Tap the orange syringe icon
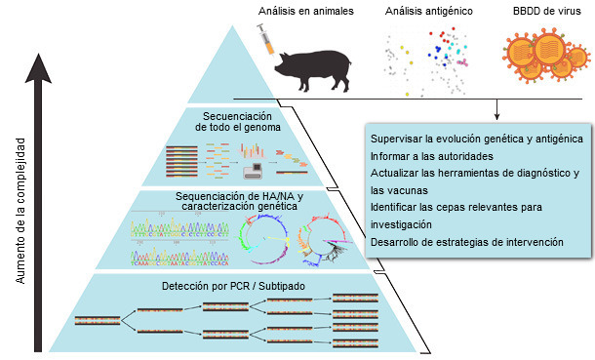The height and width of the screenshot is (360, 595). pyautogui.click(x=264, y=39)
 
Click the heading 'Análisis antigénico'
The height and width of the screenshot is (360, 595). pyautogui.click(x=428, y=12)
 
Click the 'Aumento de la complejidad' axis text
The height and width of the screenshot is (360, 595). pyautogui.click(x=20, y=210)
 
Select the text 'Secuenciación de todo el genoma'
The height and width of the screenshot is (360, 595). pyautogui.click(x=239, y=121)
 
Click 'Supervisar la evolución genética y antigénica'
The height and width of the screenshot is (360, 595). pyautogui.click(x=477, y=138)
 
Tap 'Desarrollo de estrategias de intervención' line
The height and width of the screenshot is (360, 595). pyautogui.click(x=466, y=241)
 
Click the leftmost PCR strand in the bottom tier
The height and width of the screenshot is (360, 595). pyautogui.click(x=97, y=320)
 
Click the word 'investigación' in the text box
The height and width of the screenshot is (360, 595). pyautogui.click(x=403, y=224)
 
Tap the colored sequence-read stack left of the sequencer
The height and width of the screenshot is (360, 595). pyautogui.click(x=185, y=161)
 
